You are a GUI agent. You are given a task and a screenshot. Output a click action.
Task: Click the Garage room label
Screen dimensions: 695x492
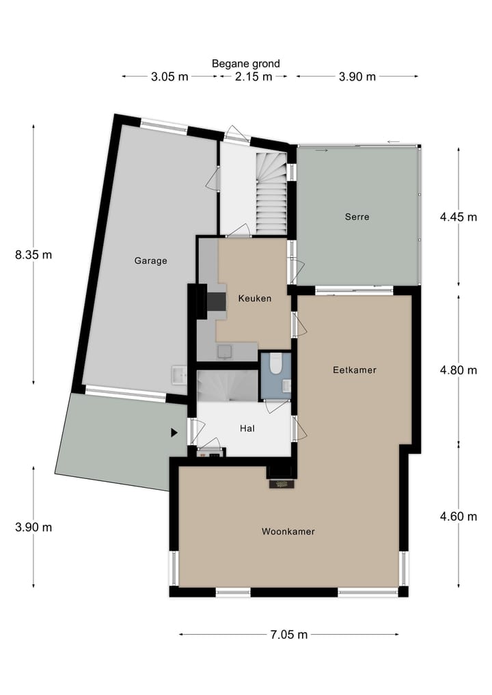[x=150, y=260]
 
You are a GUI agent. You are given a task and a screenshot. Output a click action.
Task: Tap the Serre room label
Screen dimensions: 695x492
[x=357, y=217]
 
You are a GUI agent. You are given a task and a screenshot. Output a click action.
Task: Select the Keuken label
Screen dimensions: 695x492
[x=254, y=298]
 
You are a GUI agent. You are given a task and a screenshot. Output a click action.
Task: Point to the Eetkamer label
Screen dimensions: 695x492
[x=355, y=370]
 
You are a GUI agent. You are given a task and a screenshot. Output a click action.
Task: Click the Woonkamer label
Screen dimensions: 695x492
[x=288, y=531]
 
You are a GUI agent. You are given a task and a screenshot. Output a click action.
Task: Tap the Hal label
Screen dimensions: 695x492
[x=247, y=428]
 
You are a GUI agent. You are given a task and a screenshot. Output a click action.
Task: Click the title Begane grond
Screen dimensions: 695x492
[x=245, y=64]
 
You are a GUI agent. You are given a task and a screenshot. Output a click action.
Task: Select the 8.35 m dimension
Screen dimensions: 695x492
[x=33, y=255]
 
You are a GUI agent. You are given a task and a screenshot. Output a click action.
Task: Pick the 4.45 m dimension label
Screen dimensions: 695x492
[x=458, y=217]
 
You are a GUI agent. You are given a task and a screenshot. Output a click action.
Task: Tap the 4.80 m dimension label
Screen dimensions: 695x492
[x=458, y=370]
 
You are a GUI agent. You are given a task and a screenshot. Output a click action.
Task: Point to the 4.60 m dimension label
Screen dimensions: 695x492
[x=458, y=516]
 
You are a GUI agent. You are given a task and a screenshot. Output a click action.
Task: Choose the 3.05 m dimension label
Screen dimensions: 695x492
[x=169, y=77]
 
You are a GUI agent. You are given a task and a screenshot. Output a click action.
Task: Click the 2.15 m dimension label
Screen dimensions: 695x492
[x=254, y=77]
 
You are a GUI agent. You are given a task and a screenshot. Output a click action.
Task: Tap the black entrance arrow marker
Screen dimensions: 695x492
[x=174, y=433]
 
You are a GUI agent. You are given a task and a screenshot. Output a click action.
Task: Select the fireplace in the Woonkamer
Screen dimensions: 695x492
[x=281, y=484]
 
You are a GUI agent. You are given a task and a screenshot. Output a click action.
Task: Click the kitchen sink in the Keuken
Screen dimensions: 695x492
[x=223, y=351]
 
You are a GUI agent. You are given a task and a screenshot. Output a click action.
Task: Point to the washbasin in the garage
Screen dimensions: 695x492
[x=180, y=374]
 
